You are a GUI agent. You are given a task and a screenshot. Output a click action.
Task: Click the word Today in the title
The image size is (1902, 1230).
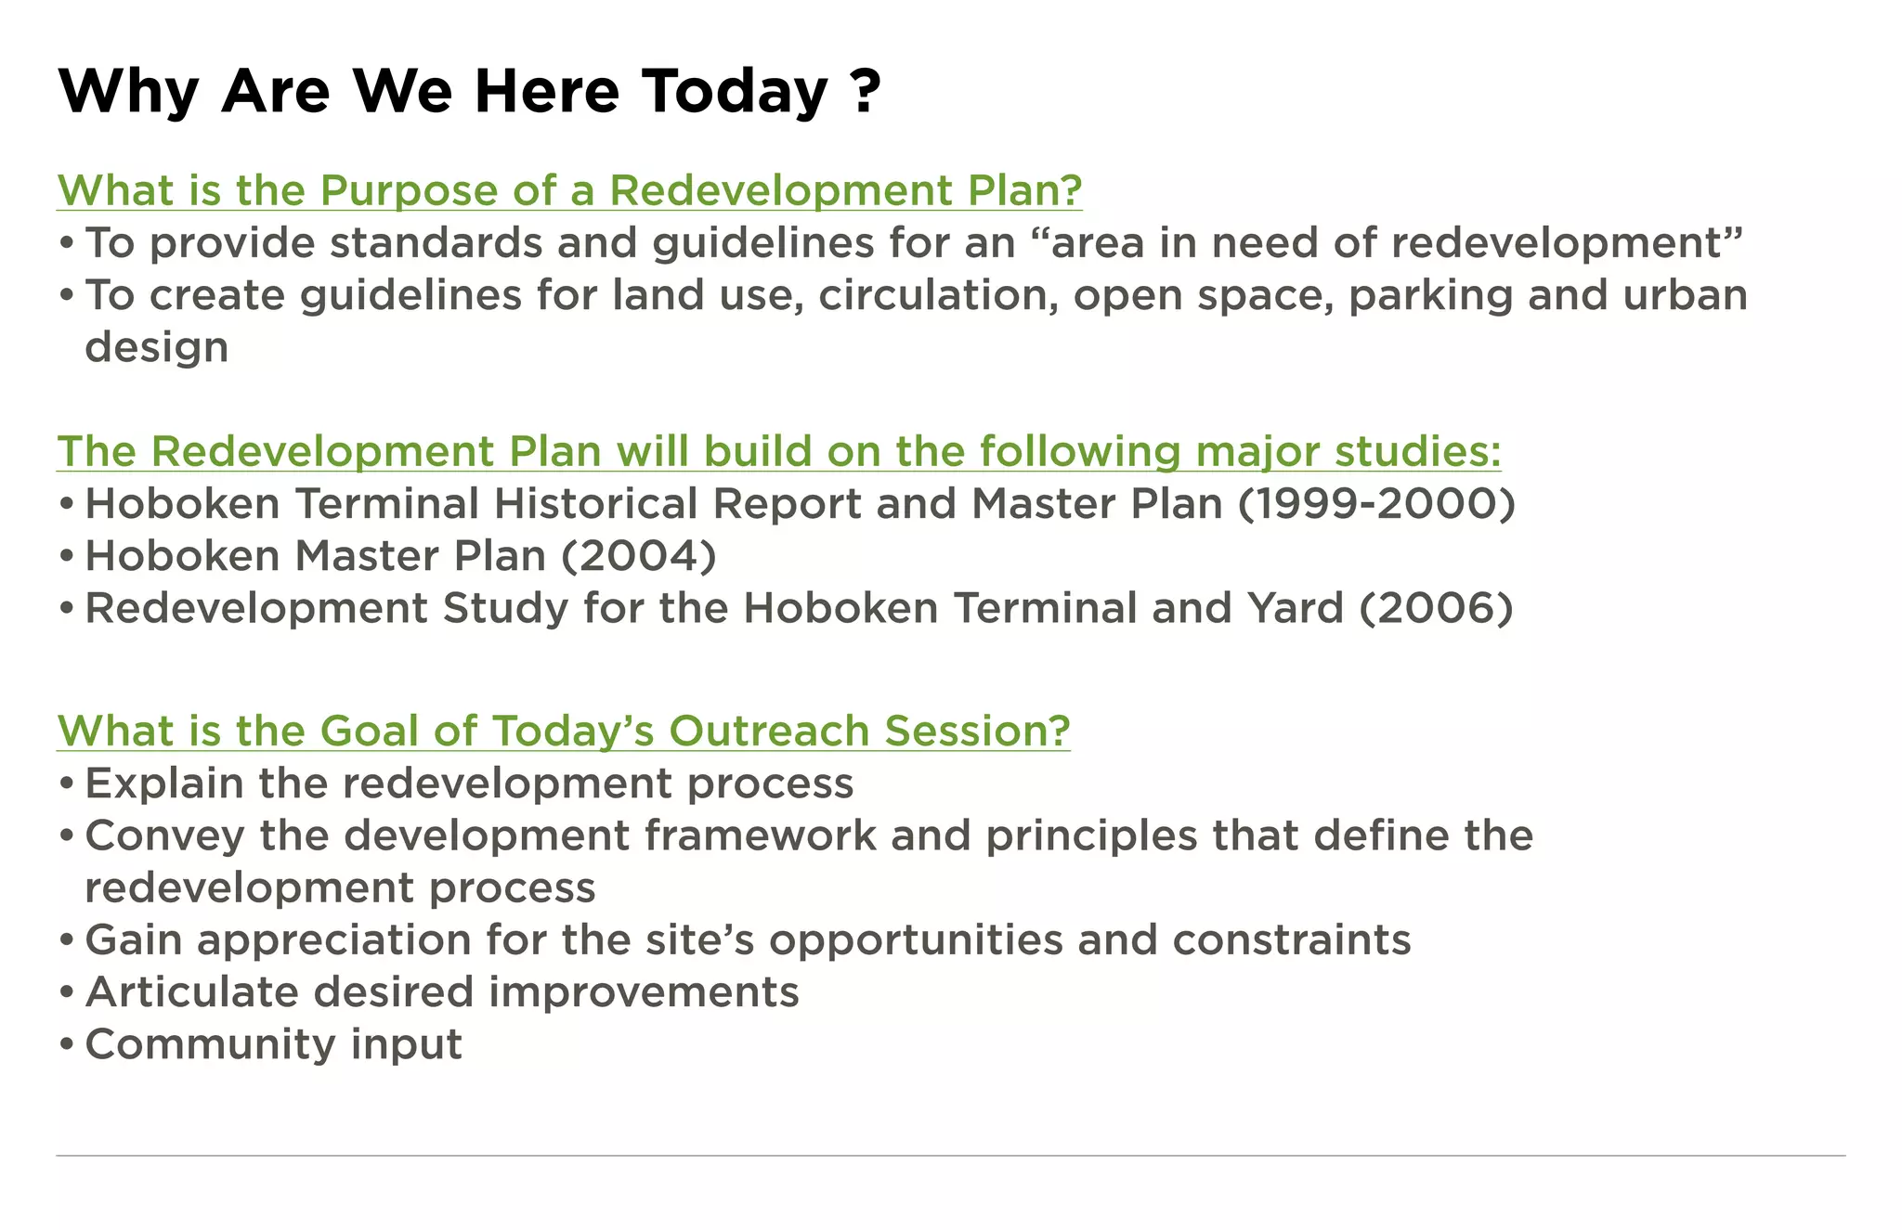coord(735,92)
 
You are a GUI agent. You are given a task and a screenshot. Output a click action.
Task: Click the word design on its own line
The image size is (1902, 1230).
coord(156,348)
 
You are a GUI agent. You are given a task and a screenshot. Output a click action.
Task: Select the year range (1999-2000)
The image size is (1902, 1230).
coord(1376,504)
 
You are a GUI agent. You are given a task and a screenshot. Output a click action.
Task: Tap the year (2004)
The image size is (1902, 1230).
coord(639,556)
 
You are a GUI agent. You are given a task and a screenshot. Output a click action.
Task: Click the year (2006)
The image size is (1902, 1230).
coord(1436,608)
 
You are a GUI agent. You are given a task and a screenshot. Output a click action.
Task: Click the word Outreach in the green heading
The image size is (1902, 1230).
coord(769,732)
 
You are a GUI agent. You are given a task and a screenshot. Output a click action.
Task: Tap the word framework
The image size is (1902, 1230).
coord(760,835)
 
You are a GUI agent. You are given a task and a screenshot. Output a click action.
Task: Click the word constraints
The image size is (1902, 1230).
coord(1291,940)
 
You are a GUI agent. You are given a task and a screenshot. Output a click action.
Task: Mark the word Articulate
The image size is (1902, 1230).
coord(190,992)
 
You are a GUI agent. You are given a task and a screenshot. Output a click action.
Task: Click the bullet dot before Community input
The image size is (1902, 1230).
coord(66,1045)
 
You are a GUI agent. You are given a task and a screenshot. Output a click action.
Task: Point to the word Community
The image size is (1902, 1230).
coord(210,1045)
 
